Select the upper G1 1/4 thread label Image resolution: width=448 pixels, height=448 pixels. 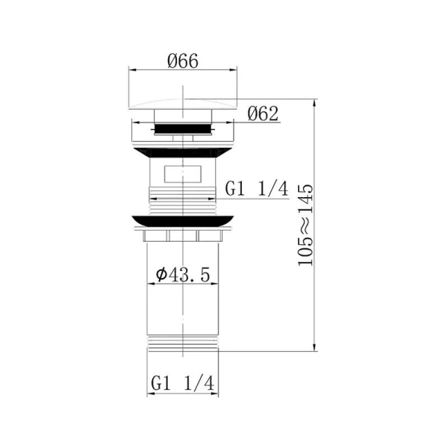click(x=256, y=189)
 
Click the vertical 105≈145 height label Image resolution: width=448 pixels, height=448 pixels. click(x=304, y=225)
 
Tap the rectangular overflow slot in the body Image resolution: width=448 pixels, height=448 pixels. click(x=184, y=176)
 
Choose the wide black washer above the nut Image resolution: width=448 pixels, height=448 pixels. click(x=184, y=220)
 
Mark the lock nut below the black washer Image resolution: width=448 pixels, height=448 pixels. click(x=184, y=235)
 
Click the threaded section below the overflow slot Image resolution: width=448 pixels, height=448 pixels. click(x=184, y=199)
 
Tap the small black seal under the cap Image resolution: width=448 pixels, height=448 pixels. click(x=184, y=129)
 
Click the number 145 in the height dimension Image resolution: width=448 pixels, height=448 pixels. click(x=304, y=196)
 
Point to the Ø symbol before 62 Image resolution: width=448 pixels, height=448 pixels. click(x=252, y=114)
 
